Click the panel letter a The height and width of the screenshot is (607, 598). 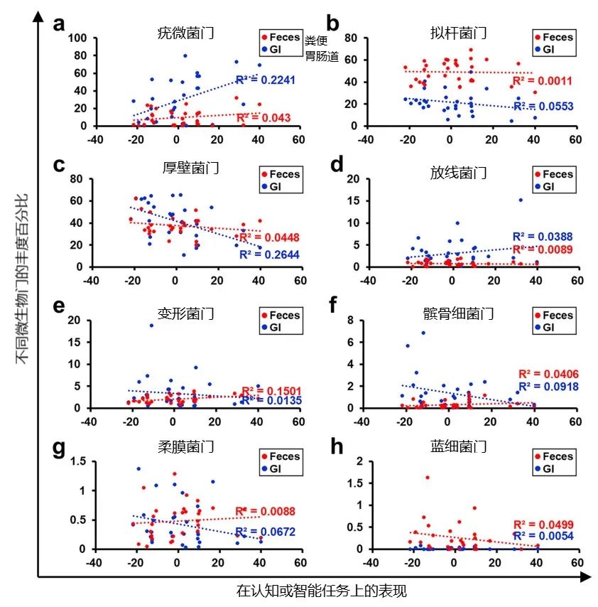click(x=60, y=23)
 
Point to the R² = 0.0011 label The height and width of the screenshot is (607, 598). click(x=542, y=81)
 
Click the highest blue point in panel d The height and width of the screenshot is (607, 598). click(x=521, y=200)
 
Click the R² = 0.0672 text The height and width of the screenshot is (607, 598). click(x=266, y=532)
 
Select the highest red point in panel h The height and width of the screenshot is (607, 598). click(x=428, y=478)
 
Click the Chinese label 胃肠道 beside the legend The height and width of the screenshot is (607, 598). click(x=322, y=57)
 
